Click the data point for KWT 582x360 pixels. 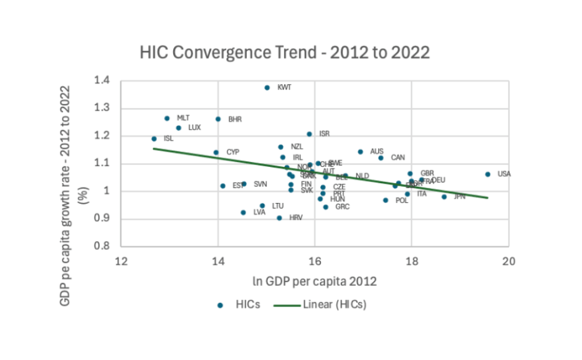[x=267, y=88]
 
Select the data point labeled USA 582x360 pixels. [x=488, y=174]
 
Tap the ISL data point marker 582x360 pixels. [x=154, y=139]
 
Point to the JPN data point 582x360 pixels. [x=444, y=197]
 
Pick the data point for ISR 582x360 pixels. [x=309, y=134]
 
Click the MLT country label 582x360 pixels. [x=183, y=118]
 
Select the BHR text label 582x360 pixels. [x=235, y=119]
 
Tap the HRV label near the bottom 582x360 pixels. [x=296, y=218]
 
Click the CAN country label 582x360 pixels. [x=398, y=158]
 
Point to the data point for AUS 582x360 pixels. [x=360, y=152]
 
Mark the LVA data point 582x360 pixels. [x=243, y=212]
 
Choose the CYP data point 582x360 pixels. [x=216, y=153]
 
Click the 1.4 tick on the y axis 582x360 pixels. [x=102, y=81]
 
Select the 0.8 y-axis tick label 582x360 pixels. [x=102, y=246]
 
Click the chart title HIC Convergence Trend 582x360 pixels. [x=285, y=52]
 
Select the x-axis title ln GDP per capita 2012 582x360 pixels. [x=314, y=281]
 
